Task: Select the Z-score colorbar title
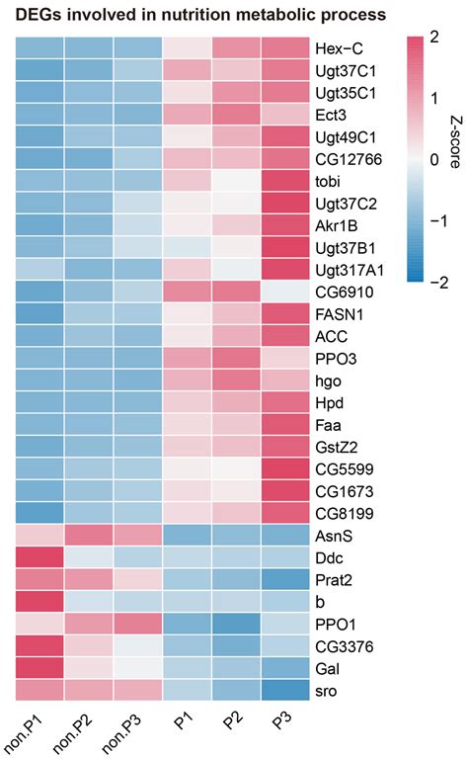(x=455, y=159)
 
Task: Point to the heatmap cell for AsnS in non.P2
(x=89, y=535)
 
